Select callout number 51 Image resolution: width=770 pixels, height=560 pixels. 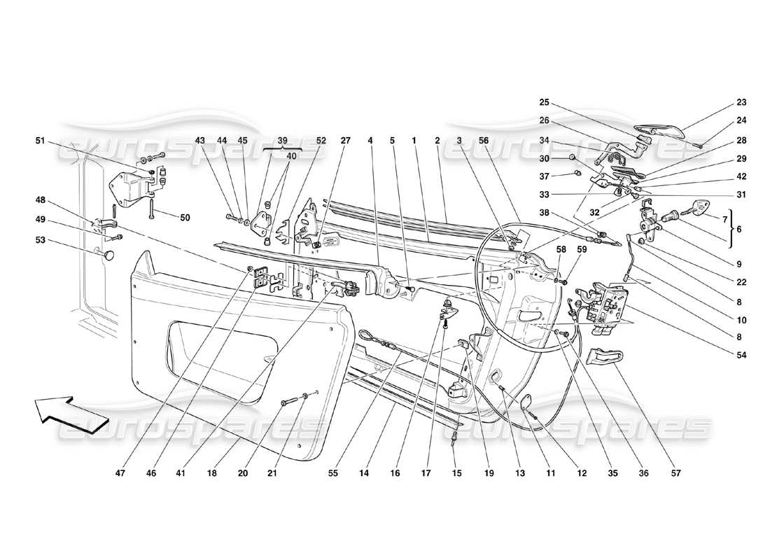(41, 140)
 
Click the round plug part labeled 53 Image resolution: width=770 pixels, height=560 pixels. (108, 256)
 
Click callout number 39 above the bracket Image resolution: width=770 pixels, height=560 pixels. (282, 140)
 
